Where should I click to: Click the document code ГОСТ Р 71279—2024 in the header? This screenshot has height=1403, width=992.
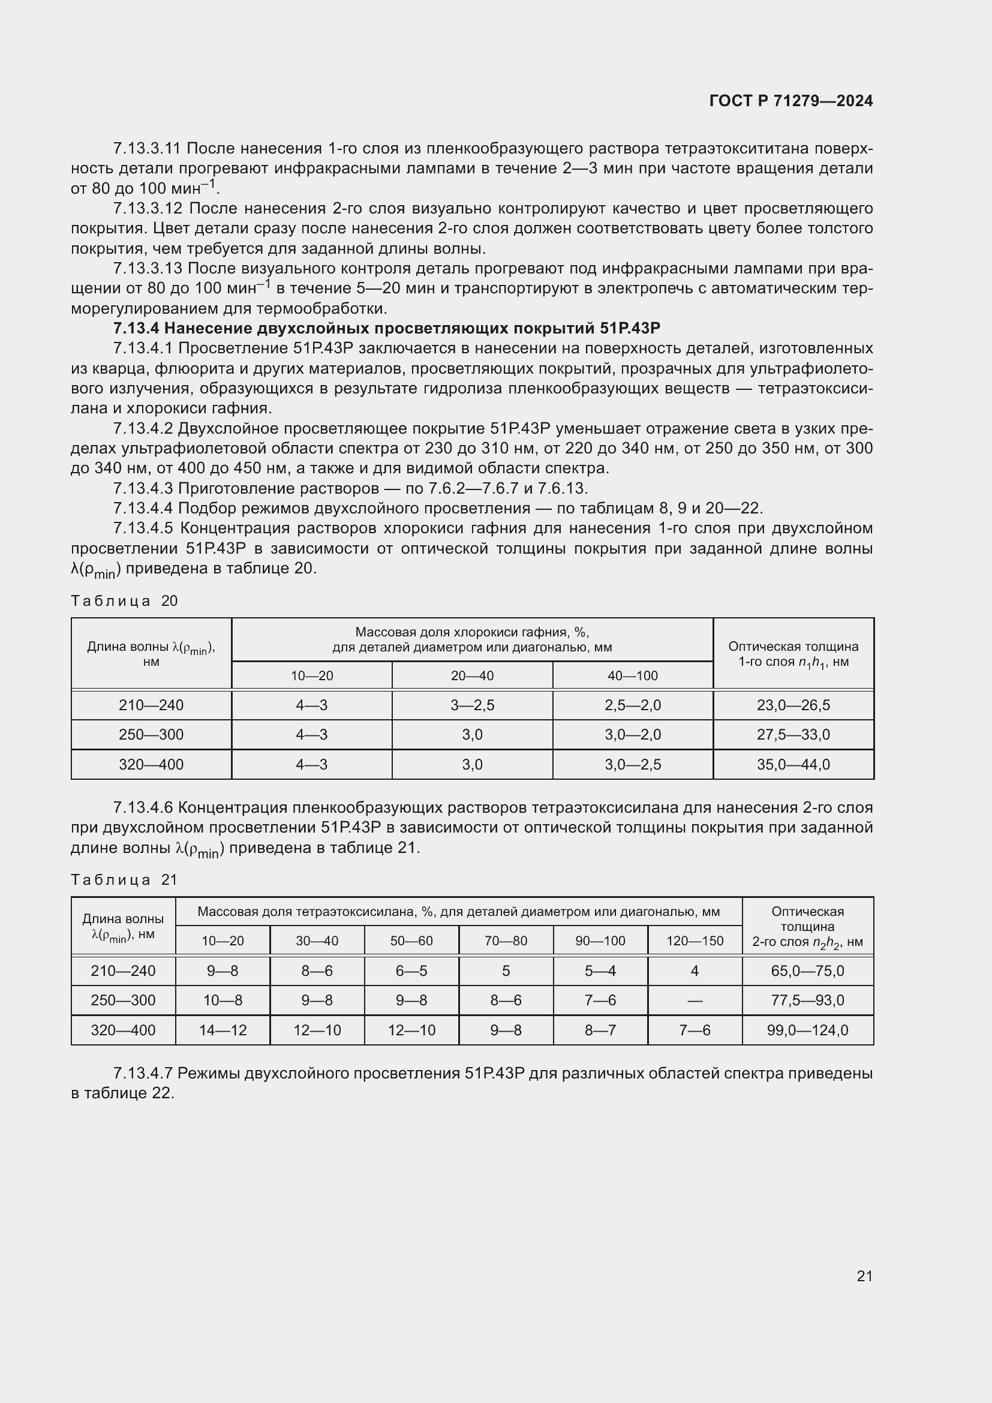coord(791,101)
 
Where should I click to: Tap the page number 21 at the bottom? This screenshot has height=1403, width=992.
coord(864,1276)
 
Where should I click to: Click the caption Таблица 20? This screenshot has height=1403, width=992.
coord(124,600)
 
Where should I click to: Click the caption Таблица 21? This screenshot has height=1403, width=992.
coord(124,880)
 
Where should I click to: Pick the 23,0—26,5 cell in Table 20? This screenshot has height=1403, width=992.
coord(793,705)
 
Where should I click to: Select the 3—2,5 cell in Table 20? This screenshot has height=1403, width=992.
coord(472,705)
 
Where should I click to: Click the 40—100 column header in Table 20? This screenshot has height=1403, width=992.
coord(632,676)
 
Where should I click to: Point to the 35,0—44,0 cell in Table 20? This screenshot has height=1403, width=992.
coord(793,764)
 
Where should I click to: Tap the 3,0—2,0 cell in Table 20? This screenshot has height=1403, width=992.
coord(632,735)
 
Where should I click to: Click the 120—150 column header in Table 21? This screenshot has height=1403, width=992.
coord(695,941)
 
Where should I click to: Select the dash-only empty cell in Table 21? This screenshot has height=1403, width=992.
coord(695,1001)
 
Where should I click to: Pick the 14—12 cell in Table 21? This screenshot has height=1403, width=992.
coord(223,1031)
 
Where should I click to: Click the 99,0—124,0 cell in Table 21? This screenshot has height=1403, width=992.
coord(807,1031)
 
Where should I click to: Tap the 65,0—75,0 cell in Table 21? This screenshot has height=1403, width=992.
coord(807,971)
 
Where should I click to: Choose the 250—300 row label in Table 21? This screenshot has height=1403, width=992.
coord(123,1001)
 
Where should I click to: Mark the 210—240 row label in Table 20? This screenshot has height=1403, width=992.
coord(151,705)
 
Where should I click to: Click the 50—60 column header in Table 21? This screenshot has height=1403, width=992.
coord(411,941)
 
